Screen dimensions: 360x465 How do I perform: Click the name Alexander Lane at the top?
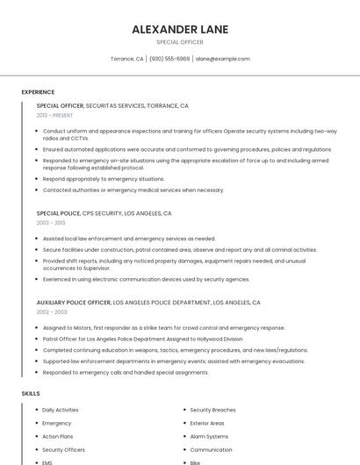pos(179,29)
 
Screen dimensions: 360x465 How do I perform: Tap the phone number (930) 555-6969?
pos(169,59)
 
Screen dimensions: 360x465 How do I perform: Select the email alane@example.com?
pos(222,59)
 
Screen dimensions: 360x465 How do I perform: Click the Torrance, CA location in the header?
pos(127,59)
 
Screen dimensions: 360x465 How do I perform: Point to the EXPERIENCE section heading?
pos(38,92)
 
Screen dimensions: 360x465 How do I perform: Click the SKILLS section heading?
pos(31,394)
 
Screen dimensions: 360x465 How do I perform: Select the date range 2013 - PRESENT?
pos(54,115)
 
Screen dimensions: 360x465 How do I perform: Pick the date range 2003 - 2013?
pos(50,223)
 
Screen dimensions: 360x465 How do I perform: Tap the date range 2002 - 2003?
pos(51,311)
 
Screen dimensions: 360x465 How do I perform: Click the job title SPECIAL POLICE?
pos(58,213)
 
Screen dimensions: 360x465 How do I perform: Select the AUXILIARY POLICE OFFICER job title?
pos(74,302)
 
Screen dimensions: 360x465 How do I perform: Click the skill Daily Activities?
pos(60,410)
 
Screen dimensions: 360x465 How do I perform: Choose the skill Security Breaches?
pos(212,410)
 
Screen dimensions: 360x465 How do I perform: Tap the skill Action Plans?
pos(57,436)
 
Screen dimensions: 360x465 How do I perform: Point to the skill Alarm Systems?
pos(209,436)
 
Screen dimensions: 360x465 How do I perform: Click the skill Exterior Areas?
pos(208,423)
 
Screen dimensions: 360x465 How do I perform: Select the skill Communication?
pos(211,449)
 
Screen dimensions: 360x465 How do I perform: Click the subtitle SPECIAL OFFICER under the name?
pos(179,42)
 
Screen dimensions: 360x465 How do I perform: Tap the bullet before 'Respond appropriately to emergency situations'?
pos(37,179)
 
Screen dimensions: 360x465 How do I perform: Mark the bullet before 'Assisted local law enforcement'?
pos(37,239)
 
